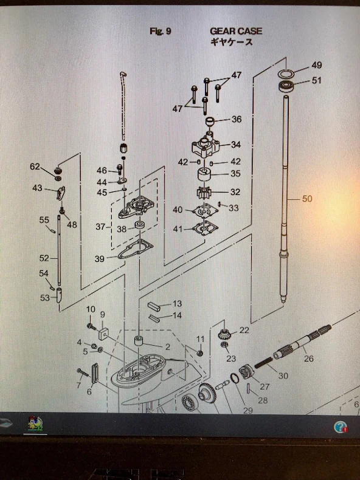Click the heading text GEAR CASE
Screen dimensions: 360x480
[x=236, y=31]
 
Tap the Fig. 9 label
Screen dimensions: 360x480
[x=161, y=31]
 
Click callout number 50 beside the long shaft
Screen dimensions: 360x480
[x=307, y=199]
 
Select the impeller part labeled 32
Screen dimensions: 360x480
[x=204, y=193]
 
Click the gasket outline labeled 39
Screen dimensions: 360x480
[x=136, y=250]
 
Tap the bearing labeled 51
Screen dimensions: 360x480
[x=286, y=86]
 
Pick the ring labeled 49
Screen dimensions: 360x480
[x=286, y=74]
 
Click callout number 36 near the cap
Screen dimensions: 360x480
[x=237, y=119]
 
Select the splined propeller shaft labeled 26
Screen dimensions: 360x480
[x=302, y=341]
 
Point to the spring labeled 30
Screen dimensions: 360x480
[x=263, y=362]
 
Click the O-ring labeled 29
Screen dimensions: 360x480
[x=235, y=379]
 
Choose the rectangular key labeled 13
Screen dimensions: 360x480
[x=154, y=307]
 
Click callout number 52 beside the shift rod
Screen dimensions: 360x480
[x=44, y=258]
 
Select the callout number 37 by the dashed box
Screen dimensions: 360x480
[x=100, y=227]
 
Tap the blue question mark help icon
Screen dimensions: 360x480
[x=341, y=427]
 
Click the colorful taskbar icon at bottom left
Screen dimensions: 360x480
[x=35, y=424]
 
